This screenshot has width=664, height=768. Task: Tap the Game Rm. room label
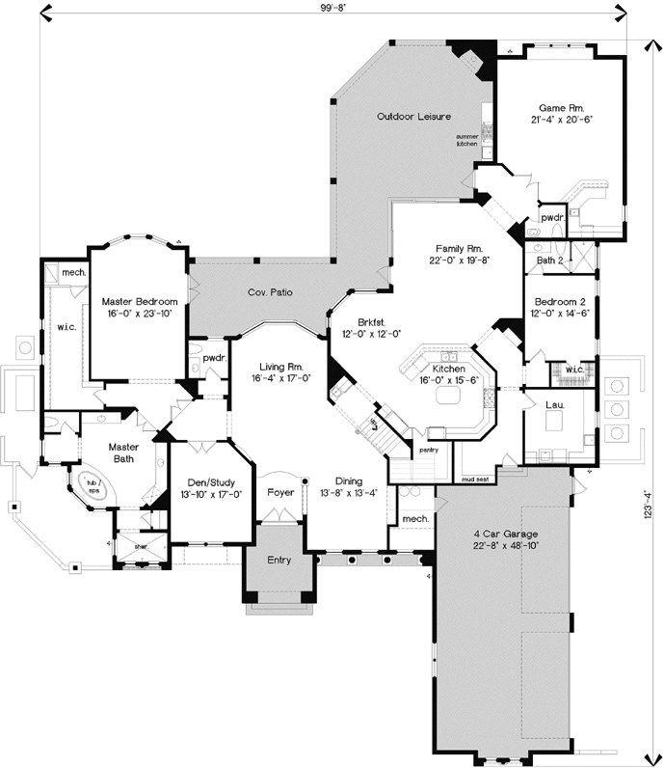click(x=560, y=107)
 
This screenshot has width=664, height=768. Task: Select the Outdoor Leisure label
click(x=413, y=117)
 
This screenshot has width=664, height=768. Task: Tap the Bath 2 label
click(x=548, y=260)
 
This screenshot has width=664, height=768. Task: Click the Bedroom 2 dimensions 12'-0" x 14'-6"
click(x=560, y=313)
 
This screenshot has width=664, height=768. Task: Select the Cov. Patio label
click(x=270, y=291)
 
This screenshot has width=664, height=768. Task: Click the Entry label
click(x=279, y=560)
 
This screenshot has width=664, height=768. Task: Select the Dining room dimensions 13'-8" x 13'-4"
click(x=349, y=494)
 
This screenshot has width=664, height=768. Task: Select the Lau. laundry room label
click(x=554, y=405)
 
